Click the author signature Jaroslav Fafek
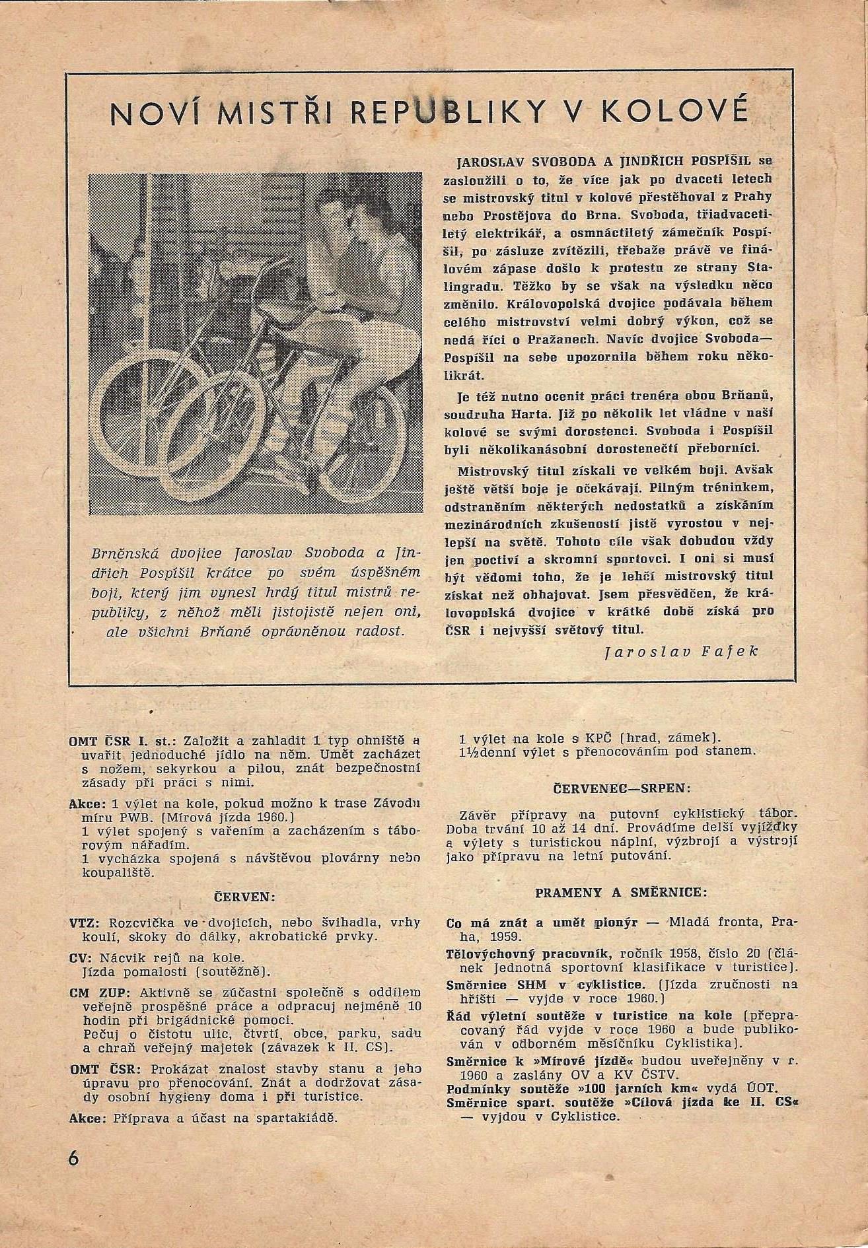click(681, 650)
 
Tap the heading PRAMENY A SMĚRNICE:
click(621, 893)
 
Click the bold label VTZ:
click(82, 922)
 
